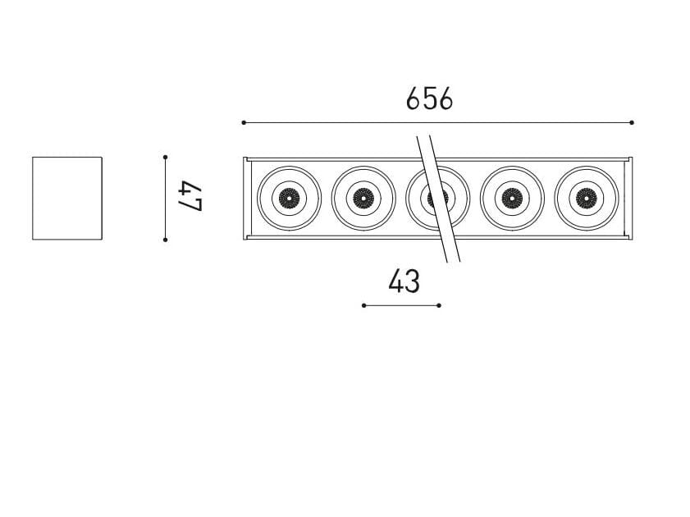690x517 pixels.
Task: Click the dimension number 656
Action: [x=429, y=99]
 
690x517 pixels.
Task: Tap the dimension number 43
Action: [x=404, y=281]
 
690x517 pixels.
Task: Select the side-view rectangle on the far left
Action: [x=67, y=198]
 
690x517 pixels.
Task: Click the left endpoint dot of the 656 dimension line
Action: [x=244, y=122]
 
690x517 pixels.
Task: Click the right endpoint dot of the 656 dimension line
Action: [x=632, y=122]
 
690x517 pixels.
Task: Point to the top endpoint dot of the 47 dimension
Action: [x=166, y=156]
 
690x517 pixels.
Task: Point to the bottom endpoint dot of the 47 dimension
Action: [x=166, y=240]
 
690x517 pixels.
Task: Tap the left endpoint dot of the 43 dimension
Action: [x=363, y=305]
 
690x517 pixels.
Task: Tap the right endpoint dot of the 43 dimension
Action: [x=439, y=305]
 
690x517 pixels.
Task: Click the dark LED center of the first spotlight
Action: [x=289, y=198]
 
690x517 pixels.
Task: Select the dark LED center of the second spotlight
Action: [x=363, y=198]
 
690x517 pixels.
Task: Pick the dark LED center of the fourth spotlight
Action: [x=512, y=198]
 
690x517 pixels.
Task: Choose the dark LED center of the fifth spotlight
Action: [x=586, y=198]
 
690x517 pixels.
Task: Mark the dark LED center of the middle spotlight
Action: [x=438, y=198]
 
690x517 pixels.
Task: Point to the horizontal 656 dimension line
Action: [x=328, y=122]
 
